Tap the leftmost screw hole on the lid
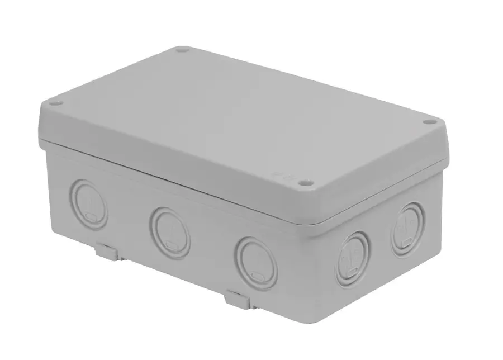pyautogui.click(x=55, y=103)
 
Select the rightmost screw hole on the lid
pyautogui.click(x=429, y=122)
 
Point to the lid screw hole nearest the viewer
pyautogui.click(x=303, y=183)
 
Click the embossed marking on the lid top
pyautogui.click(x=276, y=175)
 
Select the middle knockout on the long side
pyautogui.click(x=170, y=231)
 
